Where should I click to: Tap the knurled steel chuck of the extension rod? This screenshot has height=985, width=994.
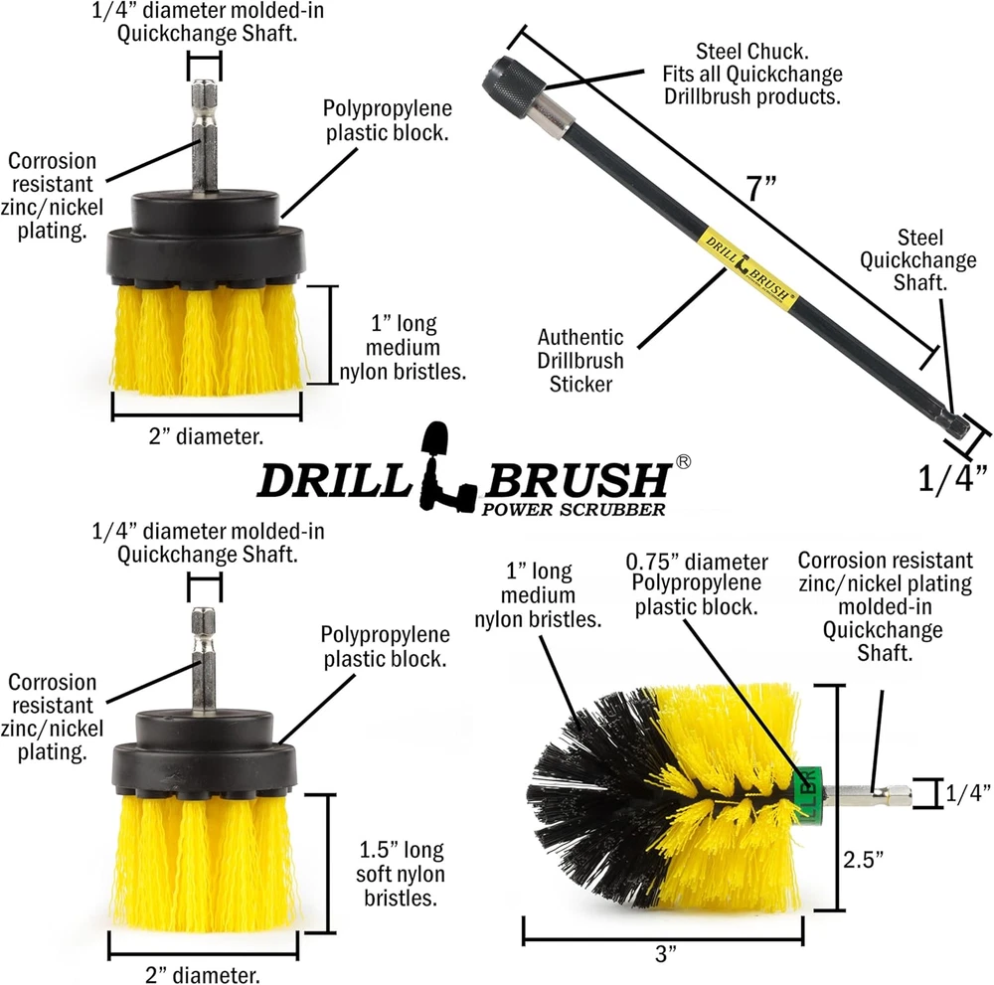click(x=515, y=83)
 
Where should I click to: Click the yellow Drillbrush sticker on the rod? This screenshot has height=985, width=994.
click(x=746, y=268)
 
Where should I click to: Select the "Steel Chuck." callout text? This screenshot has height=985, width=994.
click(x=751, y=52)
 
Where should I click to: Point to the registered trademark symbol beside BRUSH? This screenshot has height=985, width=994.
click(x=684, y=461)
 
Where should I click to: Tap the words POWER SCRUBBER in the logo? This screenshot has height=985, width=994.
click(x=574, y=509)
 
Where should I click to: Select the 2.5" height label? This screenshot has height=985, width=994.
click(x=863, y=860)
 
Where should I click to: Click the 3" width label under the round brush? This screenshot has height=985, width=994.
click(x=666, y=954)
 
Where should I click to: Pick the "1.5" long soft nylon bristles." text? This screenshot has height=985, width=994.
click(x=401, y=874)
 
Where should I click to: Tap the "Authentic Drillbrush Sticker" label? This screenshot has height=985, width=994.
click(x=580, y=360)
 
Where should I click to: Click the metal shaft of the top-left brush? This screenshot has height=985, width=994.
click(x=205, y=135)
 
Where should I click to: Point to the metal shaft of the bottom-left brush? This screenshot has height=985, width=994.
click(x=204, y=659)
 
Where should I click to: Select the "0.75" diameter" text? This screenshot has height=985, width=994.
click(x=697, y=562)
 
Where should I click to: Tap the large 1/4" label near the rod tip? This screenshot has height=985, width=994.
click(x=953, y=478)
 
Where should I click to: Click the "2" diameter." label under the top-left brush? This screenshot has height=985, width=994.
click(x=206, y=436)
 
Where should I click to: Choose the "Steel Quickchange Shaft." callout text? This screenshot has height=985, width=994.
click(x=917, y=259)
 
